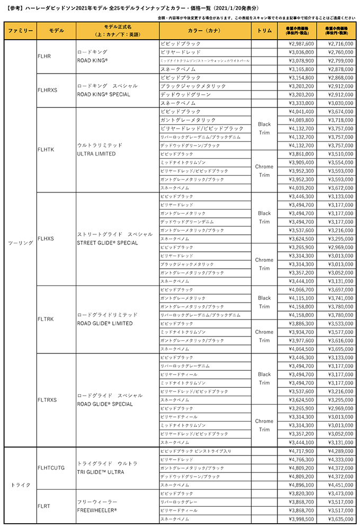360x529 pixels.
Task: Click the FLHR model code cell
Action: [44, 56]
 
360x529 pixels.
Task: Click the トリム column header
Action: [264, 31]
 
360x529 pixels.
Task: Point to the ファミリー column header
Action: [20, 31]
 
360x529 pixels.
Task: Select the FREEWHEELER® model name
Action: [97, 510]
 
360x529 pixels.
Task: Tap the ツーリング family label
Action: [20, 243]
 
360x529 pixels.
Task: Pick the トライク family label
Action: [20, 485]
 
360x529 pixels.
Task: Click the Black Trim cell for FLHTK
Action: [264, 129]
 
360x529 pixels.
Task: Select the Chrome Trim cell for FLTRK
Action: [264, 336]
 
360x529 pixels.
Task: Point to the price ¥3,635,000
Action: [337, 519]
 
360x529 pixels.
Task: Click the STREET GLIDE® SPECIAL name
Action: [107, 243]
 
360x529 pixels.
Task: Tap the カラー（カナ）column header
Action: [204, 31]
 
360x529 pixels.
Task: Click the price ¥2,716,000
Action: [337, 44]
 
